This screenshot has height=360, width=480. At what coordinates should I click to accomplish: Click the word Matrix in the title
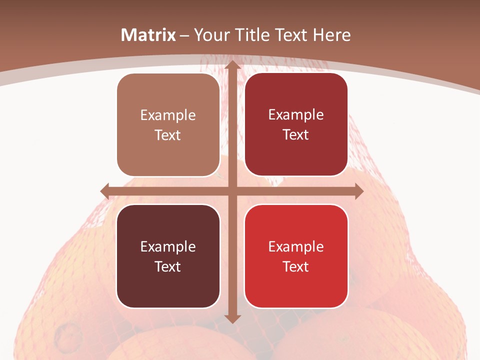(148, 35)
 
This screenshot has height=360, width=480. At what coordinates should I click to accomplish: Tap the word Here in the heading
(331, 35)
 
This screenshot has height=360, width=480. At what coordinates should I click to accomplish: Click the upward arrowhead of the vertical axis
(233, 65)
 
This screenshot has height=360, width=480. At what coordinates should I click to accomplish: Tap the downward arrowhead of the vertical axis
(233, 318)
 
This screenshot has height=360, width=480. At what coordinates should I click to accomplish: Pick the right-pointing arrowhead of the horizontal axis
(358, 191)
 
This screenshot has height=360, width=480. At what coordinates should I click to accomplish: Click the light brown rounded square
(168, 125)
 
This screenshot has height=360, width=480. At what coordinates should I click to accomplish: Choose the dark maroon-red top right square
(296, 124)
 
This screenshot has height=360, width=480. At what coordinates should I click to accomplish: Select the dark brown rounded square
(168, 256)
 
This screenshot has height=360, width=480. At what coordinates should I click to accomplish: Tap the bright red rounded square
(296, 256)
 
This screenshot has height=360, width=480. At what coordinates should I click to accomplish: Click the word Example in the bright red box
(296, 246)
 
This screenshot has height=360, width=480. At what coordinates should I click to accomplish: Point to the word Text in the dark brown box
(168, 266)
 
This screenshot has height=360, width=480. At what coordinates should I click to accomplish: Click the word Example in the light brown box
(168, 115)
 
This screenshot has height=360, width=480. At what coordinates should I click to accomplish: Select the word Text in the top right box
(296, 135)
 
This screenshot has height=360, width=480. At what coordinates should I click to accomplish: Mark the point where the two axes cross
(233, 191)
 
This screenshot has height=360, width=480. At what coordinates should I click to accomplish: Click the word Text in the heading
(291, 35)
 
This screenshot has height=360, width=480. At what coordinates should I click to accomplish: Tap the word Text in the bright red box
(296, 266)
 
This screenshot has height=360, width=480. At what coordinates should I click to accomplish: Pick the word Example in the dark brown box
(168, 246)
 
